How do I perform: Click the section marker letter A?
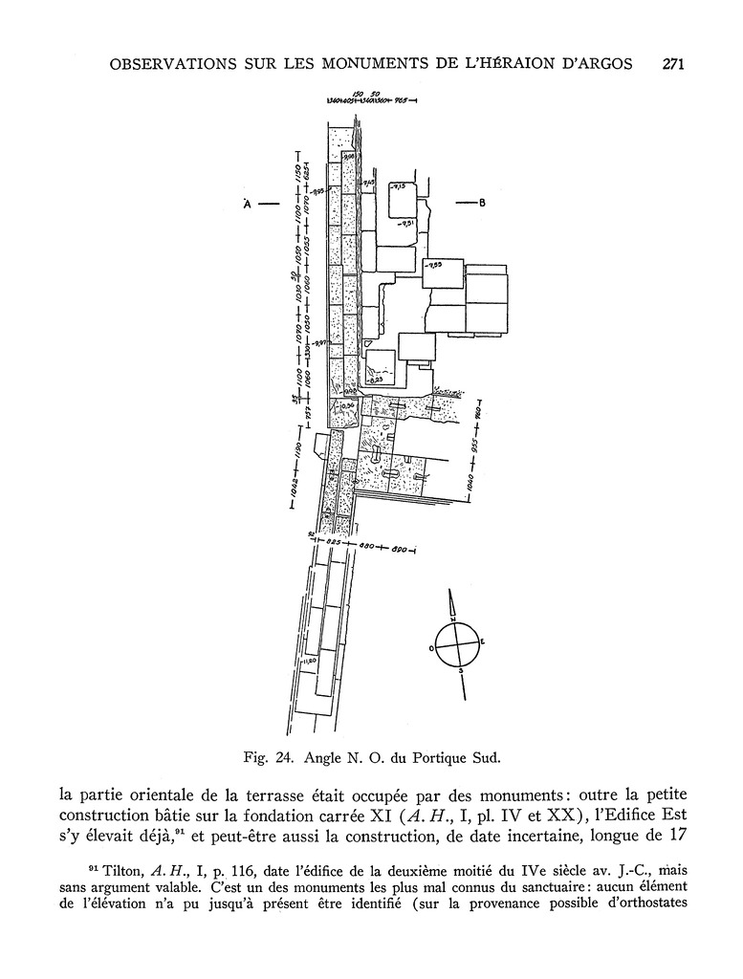point(247,204)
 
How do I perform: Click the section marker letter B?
point(483,203)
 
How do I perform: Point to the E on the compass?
point(481,642)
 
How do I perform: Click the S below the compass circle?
point(462,671)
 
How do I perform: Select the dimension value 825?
point(333,542)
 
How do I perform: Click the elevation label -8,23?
point(376,379)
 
